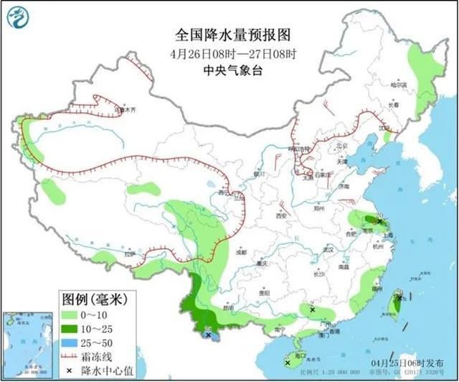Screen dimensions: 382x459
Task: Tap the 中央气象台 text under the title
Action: pos(224,70)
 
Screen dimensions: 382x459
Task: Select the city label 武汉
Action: pos(328,249)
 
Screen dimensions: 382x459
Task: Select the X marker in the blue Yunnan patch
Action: pos(208,335)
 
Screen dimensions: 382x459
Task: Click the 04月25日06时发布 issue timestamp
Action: pos(412,363)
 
